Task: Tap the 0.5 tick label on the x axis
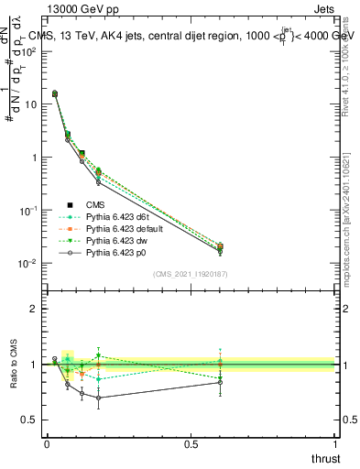click(x=191, y=444)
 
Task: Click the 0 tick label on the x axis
click(x=47, y=444)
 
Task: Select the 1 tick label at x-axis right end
click(x=335, y=444)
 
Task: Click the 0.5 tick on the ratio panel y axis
click(x=29, y=420)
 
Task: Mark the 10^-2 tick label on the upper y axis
click(x=27, y=264)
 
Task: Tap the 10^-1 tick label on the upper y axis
click(x=27, y=211)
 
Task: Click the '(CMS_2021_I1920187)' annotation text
click(x=191, y=274)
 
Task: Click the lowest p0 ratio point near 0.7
click(x=99, y=398)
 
